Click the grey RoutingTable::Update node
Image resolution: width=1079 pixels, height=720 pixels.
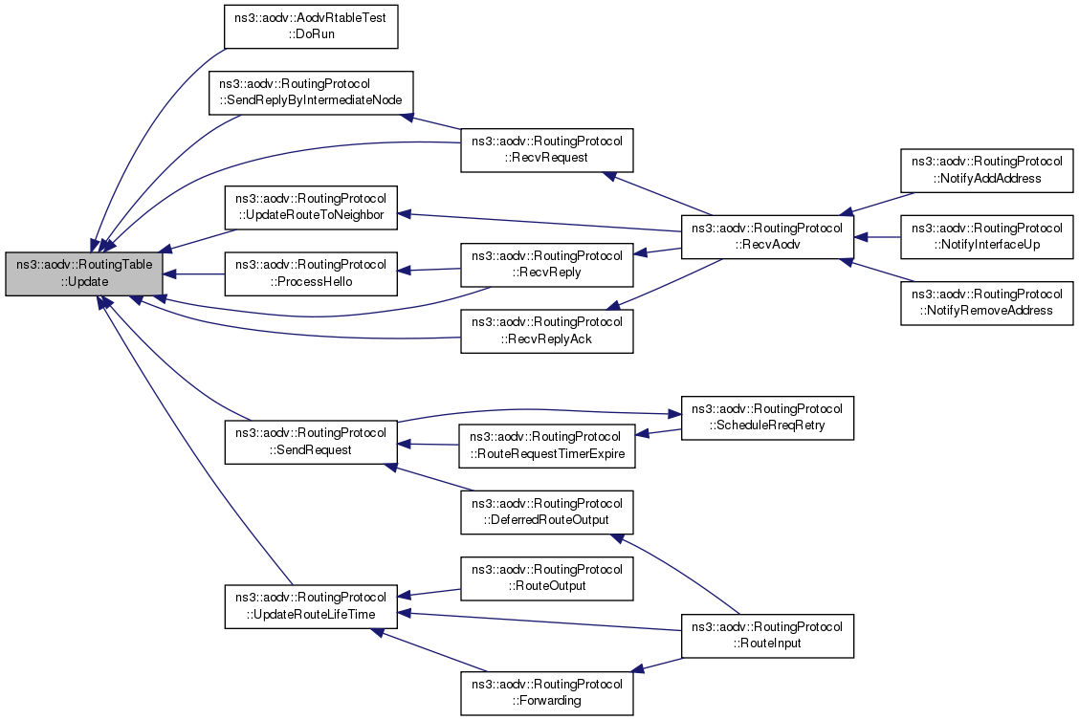coord(83,274)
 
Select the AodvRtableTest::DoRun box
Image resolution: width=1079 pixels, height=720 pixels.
coord(310,26)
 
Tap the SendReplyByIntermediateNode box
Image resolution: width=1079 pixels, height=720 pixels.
coord(310,92)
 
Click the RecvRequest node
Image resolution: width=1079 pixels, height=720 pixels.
coord(546,149)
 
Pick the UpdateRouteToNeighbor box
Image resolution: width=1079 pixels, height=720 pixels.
coord(310,207)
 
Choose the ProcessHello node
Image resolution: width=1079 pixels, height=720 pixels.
coord(310,273)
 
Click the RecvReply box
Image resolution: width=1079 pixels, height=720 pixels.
coord(546,264)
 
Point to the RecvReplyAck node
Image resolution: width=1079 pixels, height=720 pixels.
coord(546,330)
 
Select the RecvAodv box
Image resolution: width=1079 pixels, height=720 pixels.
coord(766,237)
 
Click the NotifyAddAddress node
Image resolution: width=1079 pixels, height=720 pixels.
coord(986,170)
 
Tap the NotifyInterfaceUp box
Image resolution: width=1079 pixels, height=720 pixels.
coord(986,236)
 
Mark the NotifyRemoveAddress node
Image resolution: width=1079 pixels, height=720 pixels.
coord(986,302)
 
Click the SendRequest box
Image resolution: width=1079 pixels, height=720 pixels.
coord(310,441)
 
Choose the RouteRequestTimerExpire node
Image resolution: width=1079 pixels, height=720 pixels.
coord(546,446)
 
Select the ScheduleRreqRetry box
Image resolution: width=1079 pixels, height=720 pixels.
coord(766,417)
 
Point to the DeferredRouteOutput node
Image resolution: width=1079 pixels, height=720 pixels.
coord(546,512)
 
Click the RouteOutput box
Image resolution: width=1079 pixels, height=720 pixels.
coord(546,578)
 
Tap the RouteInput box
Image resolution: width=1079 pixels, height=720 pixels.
coord(766,635)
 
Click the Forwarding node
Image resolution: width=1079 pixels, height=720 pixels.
coord(546,692)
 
